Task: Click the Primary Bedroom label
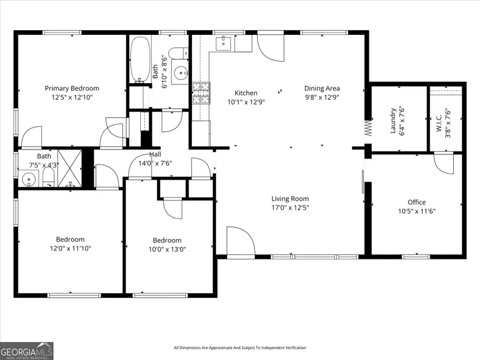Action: pos(72,88)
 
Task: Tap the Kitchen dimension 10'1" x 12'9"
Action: pos(246,102)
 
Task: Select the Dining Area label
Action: pos(322,88)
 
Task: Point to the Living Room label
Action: pos(290,199)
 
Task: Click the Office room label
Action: pos(417,202)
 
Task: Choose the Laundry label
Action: pos(393,120)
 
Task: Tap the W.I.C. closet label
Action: pos(439,123)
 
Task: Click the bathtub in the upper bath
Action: pos(140,59)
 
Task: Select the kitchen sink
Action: pos(225,43)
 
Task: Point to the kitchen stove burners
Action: pos(201,94)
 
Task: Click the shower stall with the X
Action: pos(70,168)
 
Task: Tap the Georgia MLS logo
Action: pos(27,351)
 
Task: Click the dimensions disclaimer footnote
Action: pos(240,348)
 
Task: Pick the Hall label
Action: pos(155,155)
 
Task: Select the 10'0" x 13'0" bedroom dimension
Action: pos(167,249)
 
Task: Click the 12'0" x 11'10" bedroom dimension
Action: pos(70,248)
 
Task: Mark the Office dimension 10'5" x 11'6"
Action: pos(417,211)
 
